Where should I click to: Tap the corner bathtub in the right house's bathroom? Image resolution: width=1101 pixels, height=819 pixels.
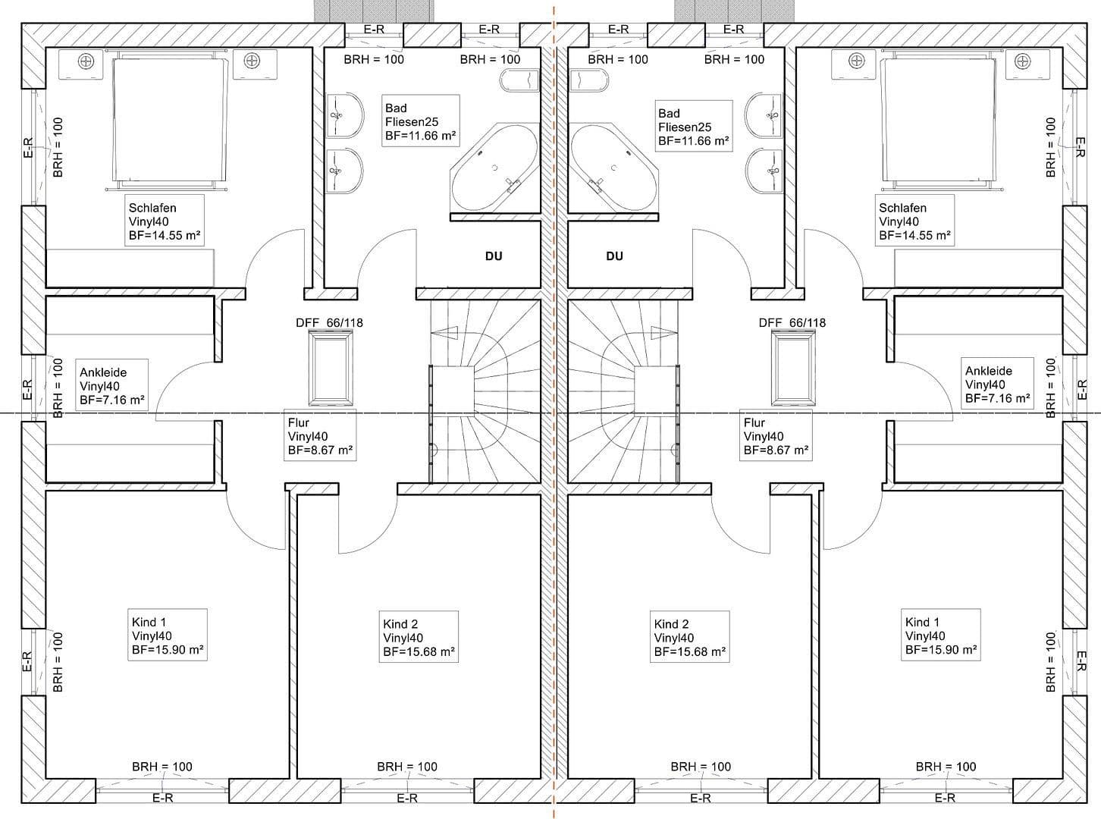(614, 168)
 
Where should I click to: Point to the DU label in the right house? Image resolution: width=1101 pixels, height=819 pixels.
(615, 256)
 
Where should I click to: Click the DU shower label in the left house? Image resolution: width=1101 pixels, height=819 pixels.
(494, 256)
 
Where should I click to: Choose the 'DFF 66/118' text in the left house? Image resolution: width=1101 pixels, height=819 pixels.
(329, 323)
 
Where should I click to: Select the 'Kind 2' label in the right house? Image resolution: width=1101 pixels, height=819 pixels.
(672, 624)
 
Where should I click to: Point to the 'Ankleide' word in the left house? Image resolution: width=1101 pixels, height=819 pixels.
(103, 372)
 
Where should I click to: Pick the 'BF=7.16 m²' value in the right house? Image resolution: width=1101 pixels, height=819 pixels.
(997, 398)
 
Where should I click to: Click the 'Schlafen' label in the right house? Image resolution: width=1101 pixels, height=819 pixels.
(902, 208)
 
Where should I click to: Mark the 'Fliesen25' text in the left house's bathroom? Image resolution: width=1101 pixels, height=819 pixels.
(412, 122)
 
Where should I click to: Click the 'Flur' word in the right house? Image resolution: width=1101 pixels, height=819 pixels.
(754, 422)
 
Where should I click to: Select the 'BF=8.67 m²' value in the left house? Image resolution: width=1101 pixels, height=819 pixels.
(320, 450)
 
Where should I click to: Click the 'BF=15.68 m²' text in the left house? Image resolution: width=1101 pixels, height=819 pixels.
(419, 651)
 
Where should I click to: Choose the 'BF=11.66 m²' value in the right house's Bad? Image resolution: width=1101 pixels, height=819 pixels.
(693, 141)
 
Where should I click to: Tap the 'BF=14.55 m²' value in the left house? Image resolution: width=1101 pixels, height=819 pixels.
(165, 236)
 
